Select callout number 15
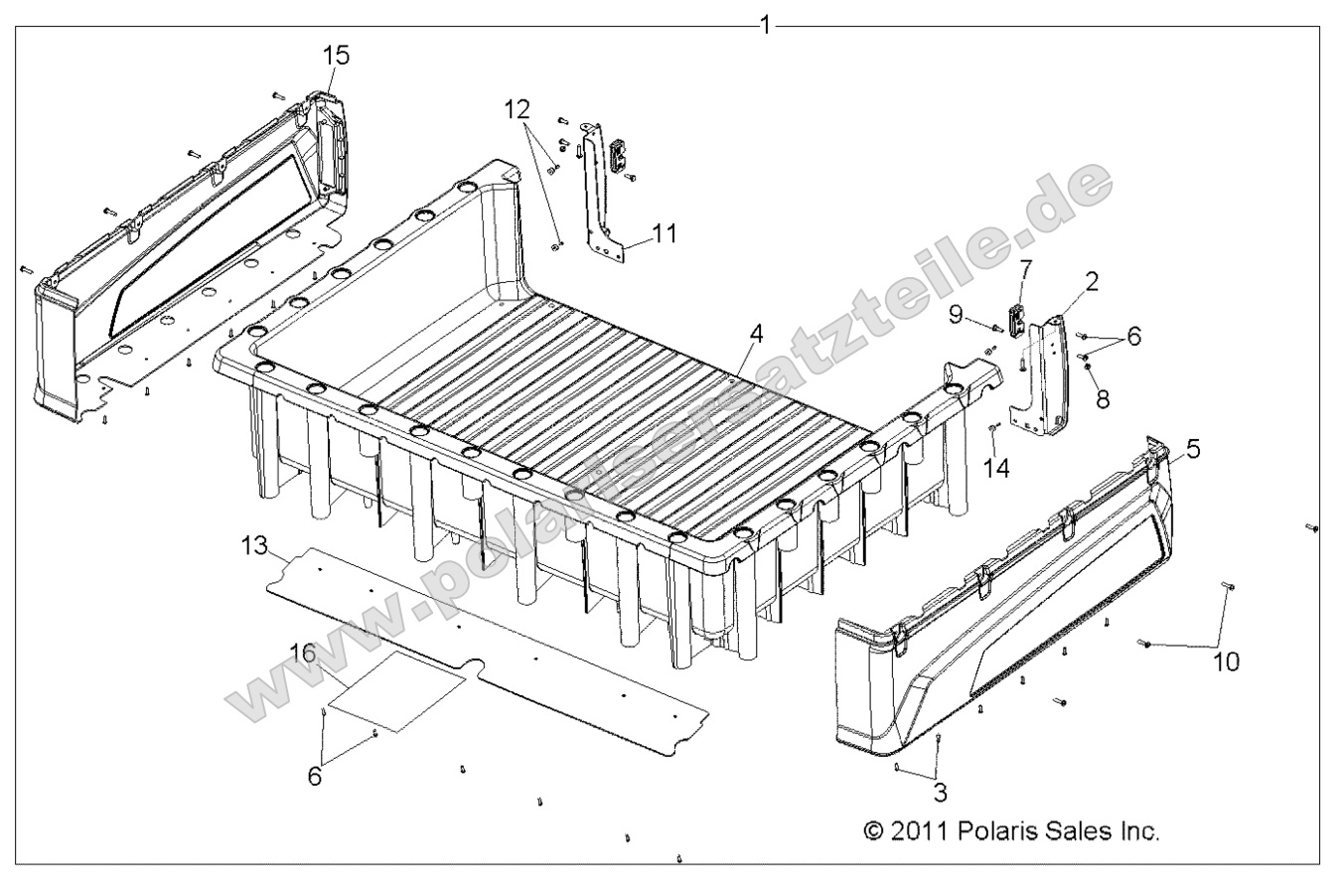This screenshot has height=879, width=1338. (337, 56)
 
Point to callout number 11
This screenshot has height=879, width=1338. (665, 233)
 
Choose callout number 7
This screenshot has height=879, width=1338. (1026, 268)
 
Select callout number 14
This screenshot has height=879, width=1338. (997, 467)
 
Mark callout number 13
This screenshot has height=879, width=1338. (254, 545)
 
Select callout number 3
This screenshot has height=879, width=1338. (940, 793)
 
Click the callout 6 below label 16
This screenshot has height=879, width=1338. (314, 776)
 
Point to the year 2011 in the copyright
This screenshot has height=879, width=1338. (919, 830)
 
